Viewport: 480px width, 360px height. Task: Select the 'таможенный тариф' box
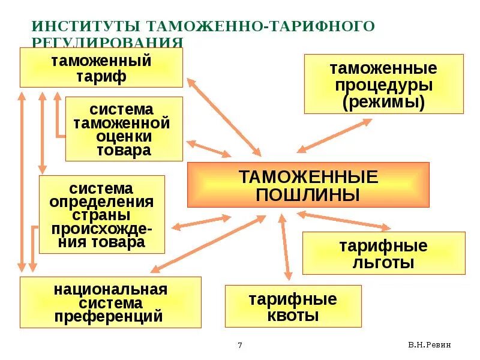click(101, 68)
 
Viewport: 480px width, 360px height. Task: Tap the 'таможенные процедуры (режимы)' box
click(383, 85)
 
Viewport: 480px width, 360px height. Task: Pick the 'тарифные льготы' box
click(383, 254)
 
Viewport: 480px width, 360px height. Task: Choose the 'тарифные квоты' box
click(293, 307)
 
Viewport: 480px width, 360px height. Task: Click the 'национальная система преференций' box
click(110, 303)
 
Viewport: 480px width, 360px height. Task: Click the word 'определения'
click(101, 202)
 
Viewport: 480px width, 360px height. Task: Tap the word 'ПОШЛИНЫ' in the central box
click(308, 195)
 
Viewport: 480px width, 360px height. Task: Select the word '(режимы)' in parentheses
click(383, 102)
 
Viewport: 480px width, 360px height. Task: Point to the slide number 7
click(240, 345)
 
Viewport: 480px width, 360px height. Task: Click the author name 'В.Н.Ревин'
click(429, 345)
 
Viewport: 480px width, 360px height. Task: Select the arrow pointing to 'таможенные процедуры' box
click(334, 136)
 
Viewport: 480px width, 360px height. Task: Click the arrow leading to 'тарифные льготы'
click(343, 220)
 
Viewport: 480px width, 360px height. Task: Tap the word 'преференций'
click(109, 316)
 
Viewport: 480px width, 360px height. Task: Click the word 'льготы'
click(383, 262)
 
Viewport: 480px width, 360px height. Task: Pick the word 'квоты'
click(293, 316)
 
